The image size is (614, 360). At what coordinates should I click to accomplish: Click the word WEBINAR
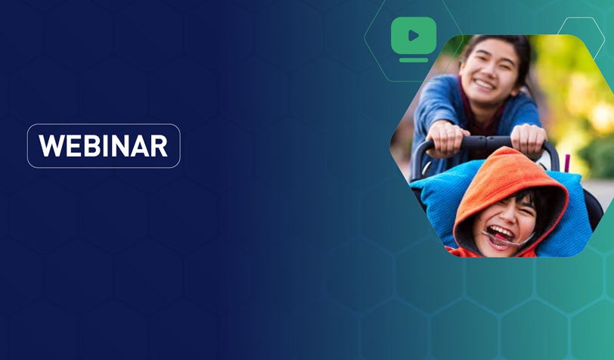coord(104,146)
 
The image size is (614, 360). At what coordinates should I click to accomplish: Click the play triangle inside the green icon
coord(414,35)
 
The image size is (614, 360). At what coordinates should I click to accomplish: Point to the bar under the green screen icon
coord(414,59)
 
